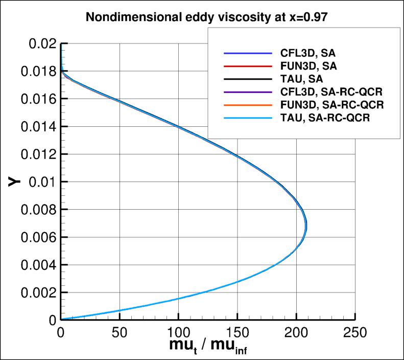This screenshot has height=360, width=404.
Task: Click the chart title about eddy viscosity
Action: coord(201,17)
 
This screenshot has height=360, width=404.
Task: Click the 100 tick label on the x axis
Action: coord(178,332)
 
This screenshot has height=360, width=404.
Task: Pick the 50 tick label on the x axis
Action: coord(120,332)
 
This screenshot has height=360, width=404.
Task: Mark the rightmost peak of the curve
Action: coord(306,228)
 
